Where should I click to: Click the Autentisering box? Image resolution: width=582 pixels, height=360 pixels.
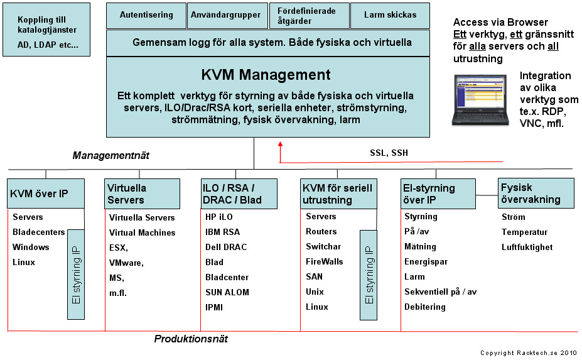[146, 16]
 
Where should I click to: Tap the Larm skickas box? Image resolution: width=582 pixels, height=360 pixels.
[389, 16]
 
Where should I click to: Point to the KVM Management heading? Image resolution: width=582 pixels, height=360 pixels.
[266, 75]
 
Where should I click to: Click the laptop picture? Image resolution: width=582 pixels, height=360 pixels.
[482, 99]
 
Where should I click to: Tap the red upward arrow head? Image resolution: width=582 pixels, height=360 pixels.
[280, 145]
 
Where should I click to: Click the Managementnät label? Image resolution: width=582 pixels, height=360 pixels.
[111, 155]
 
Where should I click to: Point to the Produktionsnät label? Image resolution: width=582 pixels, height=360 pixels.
[191, 339]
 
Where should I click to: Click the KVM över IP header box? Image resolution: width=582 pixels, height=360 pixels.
[45, 194]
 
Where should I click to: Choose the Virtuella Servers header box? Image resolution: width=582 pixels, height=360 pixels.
[139, 194]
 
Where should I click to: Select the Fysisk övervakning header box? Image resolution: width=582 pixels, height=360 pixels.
[536, 194]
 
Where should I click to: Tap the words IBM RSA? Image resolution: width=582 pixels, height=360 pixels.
[222, 232]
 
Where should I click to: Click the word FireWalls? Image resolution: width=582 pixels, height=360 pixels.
[325, 261]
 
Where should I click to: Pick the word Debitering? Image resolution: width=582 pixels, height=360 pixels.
[424, 307]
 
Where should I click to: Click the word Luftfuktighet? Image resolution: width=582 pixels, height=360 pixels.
[527, 247]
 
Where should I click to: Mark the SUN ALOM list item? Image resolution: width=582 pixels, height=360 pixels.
[227, 292]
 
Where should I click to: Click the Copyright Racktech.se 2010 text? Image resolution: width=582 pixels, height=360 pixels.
[528, 353]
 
